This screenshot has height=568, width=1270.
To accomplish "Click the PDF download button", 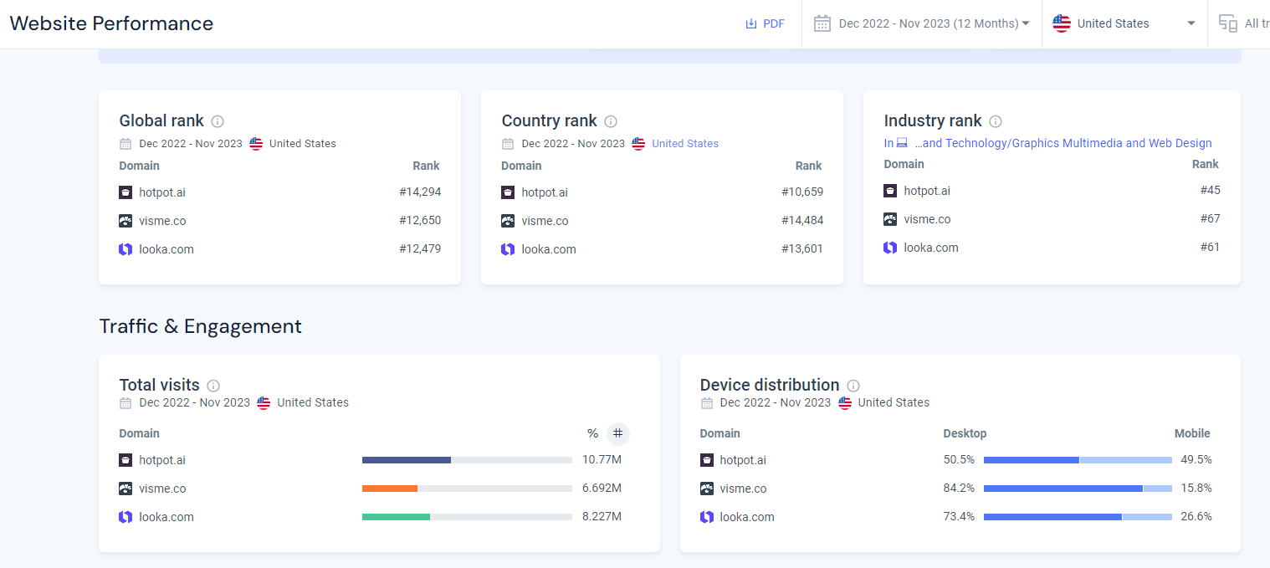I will click(x=765, y=23).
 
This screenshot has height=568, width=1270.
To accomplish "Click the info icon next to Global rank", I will click(x=218, y=121).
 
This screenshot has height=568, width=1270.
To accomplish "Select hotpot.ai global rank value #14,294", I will click(x=420, y=192).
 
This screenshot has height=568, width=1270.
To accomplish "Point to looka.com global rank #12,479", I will click(x=420, y=249).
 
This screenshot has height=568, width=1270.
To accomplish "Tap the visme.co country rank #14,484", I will click(x=802, y=221).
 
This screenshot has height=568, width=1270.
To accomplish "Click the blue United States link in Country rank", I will click(x=685, y=144).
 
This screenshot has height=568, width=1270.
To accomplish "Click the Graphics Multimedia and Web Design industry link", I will click(x=1063, y=143).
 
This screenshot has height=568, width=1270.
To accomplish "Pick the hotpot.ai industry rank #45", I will click(x=1210, y=191).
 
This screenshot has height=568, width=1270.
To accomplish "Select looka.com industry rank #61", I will click(x=1210, y=248).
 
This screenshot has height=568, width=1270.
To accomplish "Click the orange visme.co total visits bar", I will click(x=390, y=489).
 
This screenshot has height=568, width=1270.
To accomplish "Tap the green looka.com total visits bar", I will click(x=396, y=517).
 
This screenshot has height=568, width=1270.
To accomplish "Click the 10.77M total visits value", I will click(x=602, y=460).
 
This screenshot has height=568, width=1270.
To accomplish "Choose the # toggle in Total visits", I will click(x=618, y=433).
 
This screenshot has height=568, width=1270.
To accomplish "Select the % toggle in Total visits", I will click(x=592, y=433).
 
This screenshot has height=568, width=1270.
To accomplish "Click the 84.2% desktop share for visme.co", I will click(x=959, y=489).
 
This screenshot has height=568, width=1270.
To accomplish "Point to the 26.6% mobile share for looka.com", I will click(x=1196, y=517).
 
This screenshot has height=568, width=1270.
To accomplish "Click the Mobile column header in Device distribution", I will click(x=1192, y=433).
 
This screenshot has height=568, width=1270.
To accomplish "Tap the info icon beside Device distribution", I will click(x=853, y=386).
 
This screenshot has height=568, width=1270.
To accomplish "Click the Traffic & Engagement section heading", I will click(x=201, y=326).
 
